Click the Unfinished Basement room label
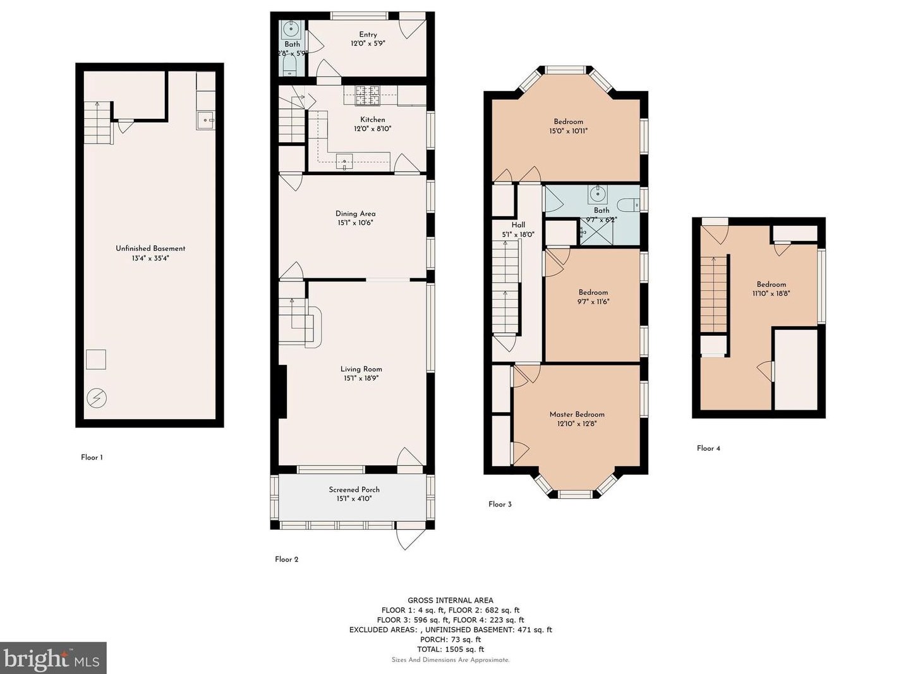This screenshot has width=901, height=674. [x=150, y=248]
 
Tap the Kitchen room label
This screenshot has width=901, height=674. [x=373, y=119]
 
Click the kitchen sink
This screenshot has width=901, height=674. [x=344, y=161]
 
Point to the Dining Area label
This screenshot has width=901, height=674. [x=356, y=214]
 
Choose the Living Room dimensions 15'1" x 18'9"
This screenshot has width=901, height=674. [x=361, y=378]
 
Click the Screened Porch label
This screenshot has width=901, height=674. [x=354, y=489]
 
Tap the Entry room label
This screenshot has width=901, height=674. [x=368, y=35]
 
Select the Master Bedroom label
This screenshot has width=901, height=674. [x=577, y=414]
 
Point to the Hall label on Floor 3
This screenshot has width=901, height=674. [x=519, y=225]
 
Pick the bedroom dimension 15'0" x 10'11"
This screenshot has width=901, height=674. [x=569, y=131]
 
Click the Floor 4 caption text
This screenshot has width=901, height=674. [x=708, y=448]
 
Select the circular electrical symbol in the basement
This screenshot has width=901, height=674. [x=97, y=398]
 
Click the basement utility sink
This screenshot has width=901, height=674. [x=205, y=120]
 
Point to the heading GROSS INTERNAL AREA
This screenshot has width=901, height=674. [x=451, y=601]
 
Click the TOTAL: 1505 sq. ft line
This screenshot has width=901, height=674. [x=451, y=649]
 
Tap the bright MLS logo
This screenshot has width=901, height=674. [x=52, y=658]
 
